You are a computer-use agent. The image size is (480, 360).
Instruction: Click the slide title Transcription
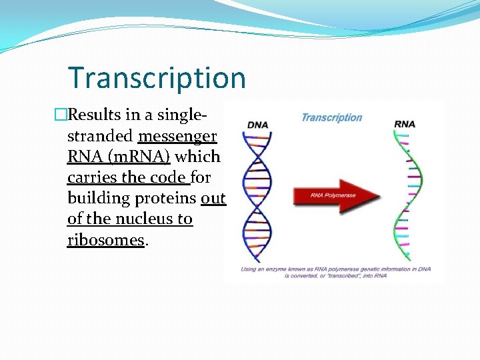click(157, 78)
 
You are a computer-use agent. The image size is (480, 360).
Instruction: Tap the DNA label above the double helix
click(257, 125)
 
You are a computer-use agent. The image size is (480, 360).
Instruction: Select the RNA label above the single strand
click(405, 123)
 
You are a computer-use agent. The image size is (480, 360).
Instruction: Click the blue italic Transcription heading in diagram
click(331, 118)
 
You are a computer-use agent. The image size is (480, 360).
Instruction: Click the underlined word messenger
click(177, 136)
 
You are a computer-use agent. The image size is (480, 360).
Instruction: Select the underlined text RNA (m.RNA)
click(119, 157)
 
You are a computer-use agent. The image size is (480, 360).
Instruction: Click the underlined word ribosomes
click(105, 240)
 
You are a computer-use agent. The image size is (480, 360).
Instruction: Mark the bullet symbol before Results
click(61, 115)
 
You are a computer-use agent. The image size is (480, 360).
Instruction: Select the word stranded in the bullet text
click(100, 136)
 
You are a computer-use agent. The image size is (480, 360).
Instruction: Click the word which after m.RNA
click(197, 157)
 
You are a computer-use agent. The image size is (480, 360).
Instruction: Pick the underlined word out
click(213, 199)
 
